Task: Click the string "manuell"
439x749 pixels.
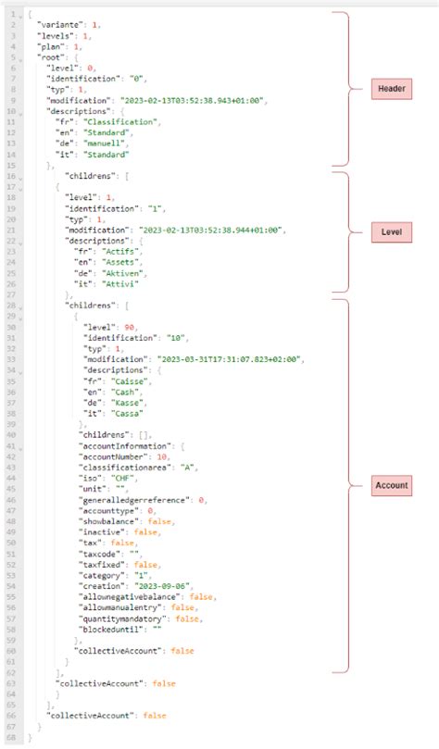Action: click(100, 144)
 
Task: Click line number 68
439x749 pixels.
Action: click(9, 739)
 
